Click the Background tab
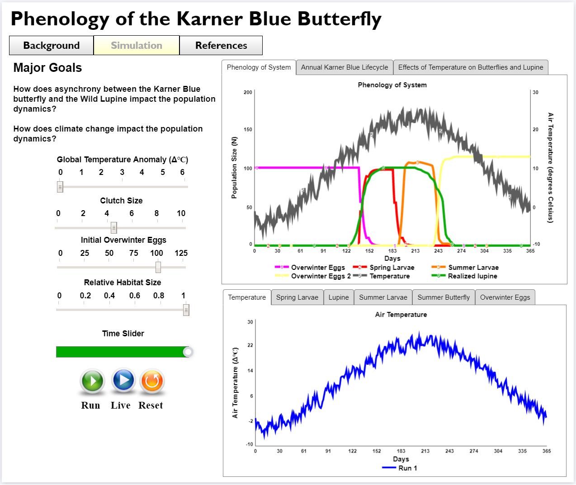pos(52,46)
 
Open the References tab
pos(221,46)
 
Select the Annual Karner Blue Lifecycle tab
pos(345,67)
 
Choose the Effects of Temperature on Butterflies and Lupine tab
pos(471,67)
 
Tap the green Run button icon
pos(93,381)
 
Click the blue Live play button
pos(123,380)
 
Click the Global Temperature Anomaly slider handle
pos(60,187)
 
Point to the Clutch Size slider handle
pos(114,228)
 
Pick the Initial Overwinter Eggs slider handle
pos(158,268)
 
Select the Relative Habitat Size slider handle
pos(186,310)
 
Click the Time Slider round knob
pos(188,352)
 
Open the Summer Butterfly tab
pos(444,297)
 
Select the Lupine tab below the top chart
pos(339,297)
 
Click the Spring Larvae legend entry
pos(392,268)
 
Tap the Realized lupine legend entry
pos(472,276)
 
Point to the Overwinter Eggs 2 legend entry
pos(321,276)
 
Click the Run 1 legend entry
pos(407,468)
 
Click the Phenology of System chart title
pos(392,85)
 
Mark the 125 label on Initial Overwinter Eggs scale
pos(181,253)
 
